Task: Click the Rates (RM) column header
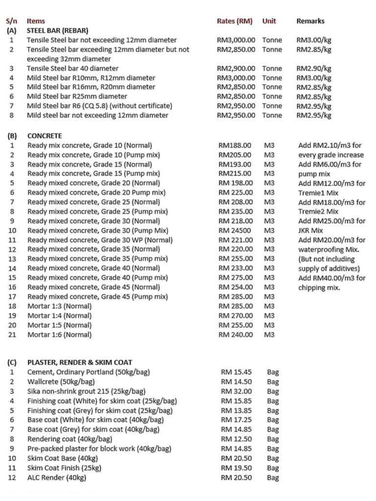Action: click(x=235, y=21)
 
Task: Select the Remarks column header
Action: click(x=310, y=21)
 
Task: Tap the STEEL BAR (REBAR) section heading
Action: click(x=57, y=30)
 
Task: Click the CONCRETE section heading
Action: click(x=45, y=136)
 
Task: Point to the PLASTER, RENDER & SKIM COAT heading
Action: click(x=80, y=363)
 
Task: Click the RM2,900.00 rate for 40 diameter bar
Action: click(x=236, y=68)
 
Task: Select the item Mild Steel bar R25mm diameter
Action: click(x=77, y=96)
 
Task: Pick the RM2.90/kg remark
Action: click(x=314, y=68)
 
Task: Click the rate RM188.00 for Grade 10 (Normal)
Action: click(x=235, y=145)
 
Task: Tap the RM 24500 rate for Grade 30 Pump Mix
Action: click(x=235, y=230)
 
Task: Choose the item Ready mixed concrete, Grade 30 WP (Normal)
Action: click(x=100, y=240)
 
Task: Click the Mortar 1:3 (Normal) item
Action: click(x=59, y=306)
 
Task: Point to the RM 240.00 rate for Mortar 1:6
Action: click(x=235, y=335)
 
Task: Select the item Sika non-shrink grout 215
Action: click(x=86, y=391)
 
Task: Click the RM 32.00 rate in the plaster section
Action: click(x=236, y=391)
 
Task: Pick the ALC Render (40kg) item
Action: click(x=57, y=478)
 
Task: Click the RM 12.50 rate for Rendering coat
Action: click(x=236, y=439)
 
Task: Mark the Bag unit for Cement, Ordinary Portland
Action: click(x=273, y=372)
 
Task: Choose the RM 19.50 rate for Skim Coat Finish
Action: click(x=236, y=468)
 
